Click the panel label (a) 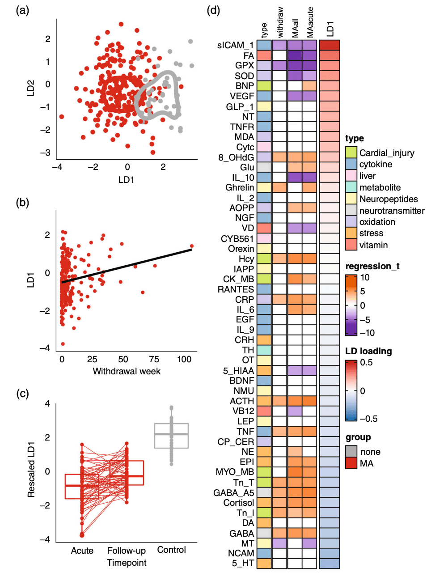tap(22, 10)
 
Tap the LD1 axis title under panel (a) tap(127, 180)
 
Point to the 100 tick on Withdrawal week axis tap(184, 359)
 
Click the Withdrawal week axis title tap(127, 371)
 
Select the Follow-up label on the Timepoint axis tap(127, 551)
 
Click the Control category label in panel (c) tap(171, 550)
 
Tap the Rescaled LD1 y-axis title tap(31, 470)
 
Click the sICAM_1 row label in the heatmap tap(235, 45)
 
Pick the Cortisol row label tap(239, 503)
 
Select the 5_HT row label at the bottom tap(243, 563)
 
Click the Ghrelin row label tap(240, 187)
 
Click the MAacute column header tap(310, 22)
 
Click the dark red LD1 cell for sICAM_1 tap(330, 45)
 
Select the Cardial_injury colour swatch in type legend tap(351, 153)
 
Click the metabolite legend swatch tap(351, 187)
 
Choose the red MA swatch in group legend tap(351, 463)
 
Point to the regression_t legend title tap(372, 266)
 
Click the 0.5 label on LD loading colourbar tap(366, 362)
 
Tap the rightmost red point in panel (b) tap(192, 246)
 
